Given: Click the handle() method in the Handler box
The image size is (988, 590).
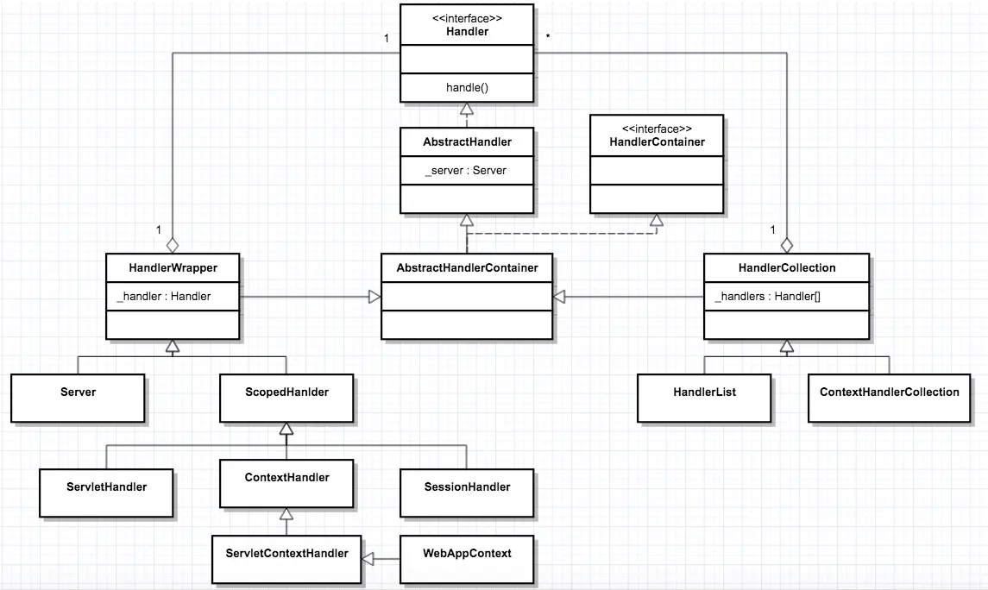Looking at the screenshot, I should [x=467, y=87].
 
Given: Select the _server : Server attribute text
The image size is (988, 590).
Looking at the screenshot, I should [x=466, y=170].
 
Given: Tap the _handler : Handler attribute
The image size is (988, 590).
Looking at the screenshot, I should [x=164, y=296].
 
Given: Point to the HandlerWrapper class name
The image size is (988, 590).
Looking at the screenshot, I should [x=173, y=267].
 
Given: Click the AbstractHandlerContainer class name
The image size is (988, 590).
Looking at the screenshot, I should [x=467, y=267].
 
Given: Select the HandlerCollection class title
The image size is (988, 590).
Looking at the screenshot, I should [x=786, y=267].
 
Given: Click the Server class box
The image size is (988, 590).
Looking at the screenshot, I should [x=78, y=398].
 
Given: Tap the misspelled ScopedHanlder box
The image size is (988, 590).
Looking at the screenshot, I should [x=286, y=398].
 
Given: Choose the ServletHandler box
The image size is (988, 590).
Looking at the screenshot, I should [x=107, y=493].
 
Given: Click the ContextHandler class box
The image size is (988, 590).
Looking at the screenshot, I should [x=286, y=483].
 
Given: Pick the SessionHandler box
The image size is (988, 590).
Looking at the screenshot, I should [x=467, y=493].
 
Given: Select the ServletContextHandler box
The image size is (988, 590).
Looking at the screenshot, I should [x=286, y=559].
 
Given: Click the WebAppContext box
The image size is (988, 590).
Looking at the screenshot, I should [x=467, y=559].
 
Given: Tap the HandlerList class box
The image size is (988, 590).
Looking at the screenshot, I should [x=704, y=398].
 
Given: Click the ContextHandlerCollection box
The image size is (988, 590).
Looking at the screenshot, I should [x=889, y=398].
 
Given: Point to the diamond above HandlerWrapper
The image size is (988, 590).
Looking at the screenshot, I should [x=173, y=244].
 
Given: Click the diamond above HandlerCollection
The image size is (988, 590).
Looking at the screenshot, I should [x=786, y=244].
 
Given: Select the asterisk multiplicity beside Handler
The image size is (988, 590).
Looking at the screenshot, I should [x=548, y=37].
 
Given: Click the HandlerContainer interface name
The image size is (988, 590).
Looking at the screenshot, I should [x=657, y=141].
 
